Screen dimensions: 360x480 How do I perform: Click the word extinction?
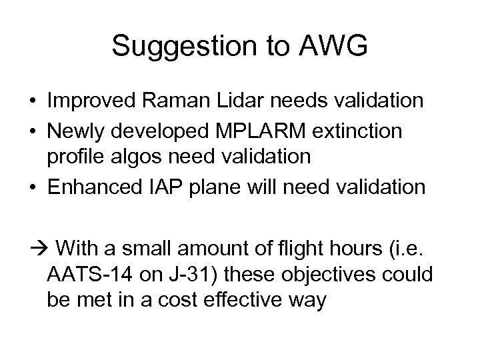click(x=357, y=131)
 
